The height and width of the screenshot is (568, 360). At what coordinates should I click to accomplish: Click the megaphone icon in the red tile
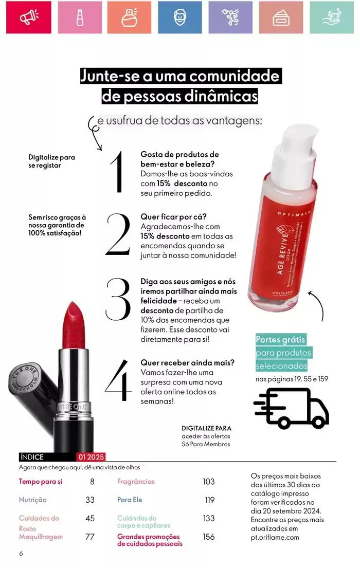(x=29, y=17)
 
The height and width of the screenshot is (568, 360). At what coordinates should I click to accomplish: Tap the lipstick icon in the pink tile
(x=80, y=17)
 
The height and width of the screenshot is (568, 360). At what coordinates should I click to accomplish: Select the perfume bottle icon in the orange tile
(x=130, y=17)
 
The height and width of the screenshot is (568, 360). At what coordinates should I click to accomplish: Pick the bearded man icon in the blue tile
(x=180, y=17)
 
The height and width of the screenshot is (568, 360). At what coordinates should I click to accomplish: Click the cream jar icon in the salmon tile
(x=281, y=17)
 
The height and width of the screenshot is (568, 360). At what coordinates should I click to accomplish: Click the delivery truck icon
(x=292, y=408)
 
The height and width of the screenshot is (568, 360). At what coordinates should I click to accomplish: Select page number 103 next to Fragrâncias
(x=208, y=482)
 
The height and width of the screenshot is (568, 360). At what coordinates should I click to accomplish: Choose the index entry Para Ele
(x=130, y=500)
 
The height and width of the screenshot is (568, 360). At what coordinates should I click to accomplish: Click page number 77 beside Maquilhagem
(x=90, y=537)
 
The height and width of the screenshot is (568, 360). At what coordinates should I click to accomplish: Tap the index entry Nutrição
(x=32, y=500)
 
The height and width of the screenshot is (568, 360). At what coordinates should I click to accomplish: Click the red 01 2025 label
(x=91, y=457)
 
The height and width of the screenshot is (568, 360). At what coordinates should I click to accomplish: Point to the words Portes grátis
(x=281, y=340)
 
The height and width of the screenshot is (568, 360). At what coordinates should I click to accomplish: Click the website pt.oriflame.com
(x=275, y=537)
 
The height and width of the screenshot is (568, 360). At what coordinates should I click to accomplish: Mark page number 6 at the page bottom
(x=21, y=554)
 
